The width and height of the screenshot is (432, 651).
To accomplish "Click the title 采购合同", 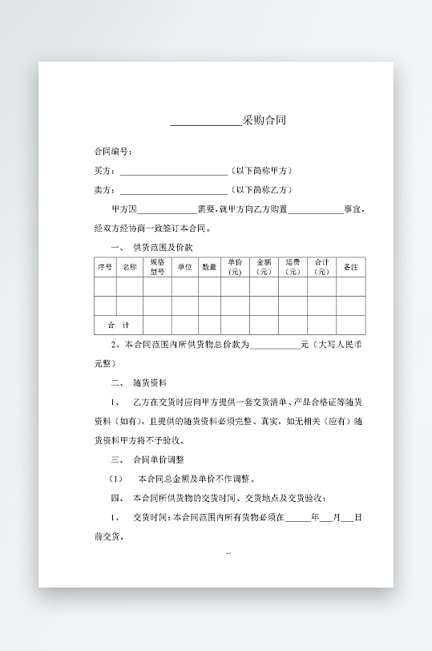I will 264,121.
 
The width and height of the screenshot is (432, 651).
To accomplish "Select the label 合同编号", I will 112,152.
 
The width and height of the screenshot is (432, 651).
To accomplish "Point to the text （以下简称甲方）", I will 261,171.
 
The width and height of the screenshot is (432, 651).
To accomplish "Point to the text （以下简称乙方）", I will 261,190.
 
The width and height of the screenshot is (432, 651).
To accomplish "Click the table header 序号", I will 105,267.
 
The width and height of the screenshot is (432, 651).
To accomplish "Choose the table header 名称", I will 130,267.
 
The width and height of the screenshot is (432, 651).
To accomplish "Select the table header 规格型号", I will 157,267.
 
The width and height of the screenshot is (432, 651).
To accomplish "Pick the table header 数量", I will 209,267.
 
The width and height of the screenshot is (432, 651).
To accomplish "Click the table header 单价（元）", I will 235,267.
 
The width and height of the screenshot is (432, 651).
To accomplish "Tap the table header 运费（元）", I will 293,267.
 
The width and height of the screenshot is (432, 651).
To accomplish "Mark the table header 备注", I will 350,267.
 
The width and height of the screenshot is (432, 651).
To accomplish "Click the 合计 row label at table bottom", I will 118,325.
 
